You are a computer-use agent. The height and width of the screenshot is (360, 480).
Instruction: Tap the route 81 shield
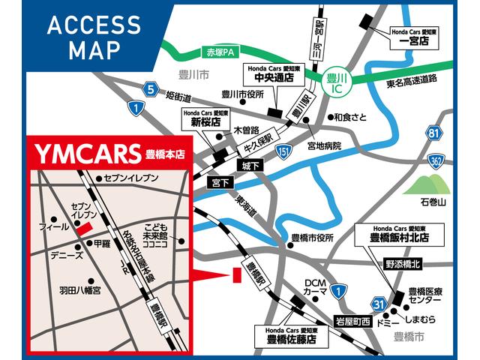(433, 133)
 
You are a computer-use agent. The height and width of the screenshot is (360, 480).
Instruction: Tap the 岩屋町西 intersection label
(352, 322)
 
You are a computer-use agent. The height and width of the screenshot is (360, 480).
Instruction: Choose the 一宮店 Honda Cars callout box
(414, 38)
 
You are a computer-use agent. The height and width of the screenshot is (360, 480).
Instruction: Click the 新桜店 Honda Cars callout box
(202, 118)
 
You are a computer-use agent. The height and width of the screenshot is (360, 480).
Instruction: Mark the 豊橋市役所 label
(312, 238)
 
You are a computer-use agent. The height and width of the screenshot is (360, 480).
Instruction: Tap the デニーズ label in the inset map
(67, 255)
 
